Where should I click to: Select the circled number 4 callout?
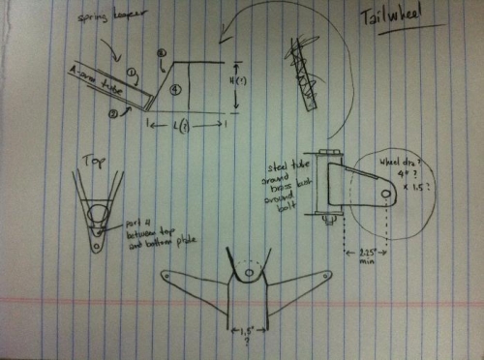[175, 89]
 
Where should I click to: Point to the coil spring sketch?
[303, 63]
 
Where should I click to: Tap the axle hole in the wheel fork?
[384, 196]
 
